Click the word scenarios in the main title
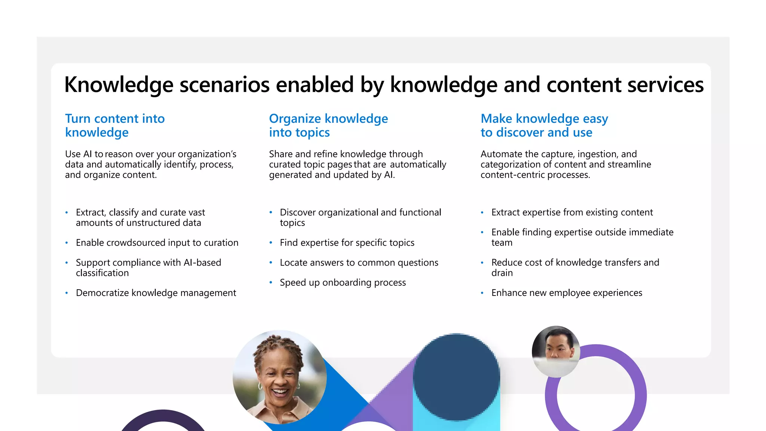point(224,85)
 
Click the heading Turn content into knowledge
point(115,125)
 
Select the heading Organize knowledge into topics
point(328,125)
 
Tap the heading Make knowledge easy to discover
point(544,125)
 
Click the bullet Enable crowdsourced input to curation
point(157,243)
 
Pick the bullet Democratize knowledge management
point(156,293)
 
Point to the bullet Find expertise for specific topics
point(347,243)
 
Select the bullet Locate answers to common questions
point(359,263)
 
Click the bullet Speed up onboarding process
point(343,282)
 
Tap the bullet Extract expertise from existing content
point(572,213)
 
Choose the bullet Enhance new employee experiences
point(566,293)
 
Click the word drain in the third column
point(502,273)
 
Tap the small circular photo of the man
point(556,351)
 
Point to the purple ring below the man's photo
point(640,397)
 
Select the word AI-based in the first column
point(202,263)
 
